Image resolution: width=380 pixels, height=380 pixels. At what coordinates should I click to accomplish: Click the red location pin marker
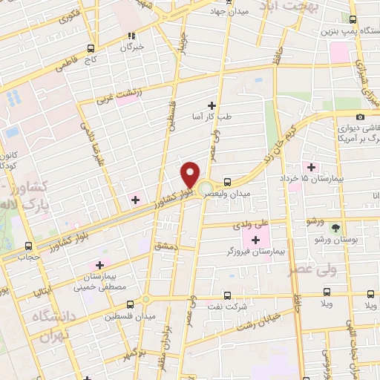click(x=190, y=174)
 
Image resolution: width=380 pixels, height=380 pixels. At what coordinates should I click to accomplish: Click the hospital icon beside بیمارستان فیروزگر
click(x=256, y=239)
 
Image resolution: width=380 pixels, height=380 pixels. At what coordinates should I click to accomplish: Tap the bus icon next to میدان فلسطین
click(x=131, y=304)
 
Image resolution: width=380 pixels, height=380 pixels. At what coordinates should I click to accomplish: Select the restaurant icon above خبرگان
click(x=132, y=34)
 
